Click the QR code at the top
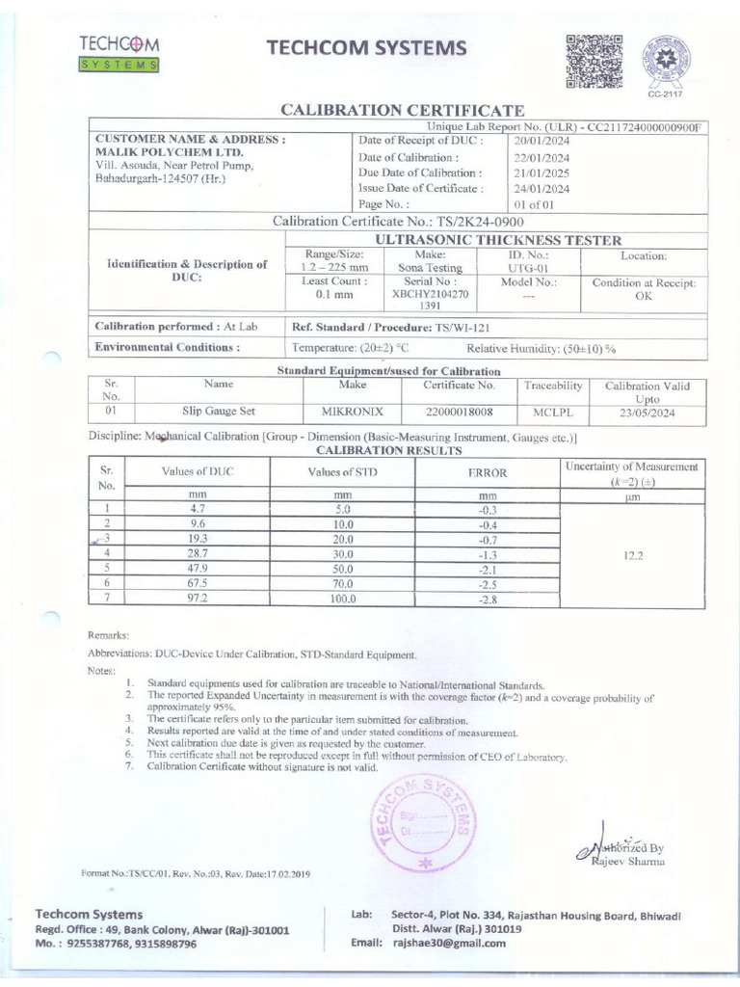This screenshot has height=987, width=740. [x=589, y=62]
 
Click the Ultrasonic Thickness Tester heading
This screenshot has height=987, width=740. [x=496, y=240]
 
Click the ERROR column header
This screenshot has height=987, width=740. [x=488, y=473]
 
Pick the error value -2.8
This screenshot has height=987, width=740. [x=488, y=599]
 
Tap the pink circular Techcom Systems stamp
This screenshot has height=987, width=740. [x=417, y=818]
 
